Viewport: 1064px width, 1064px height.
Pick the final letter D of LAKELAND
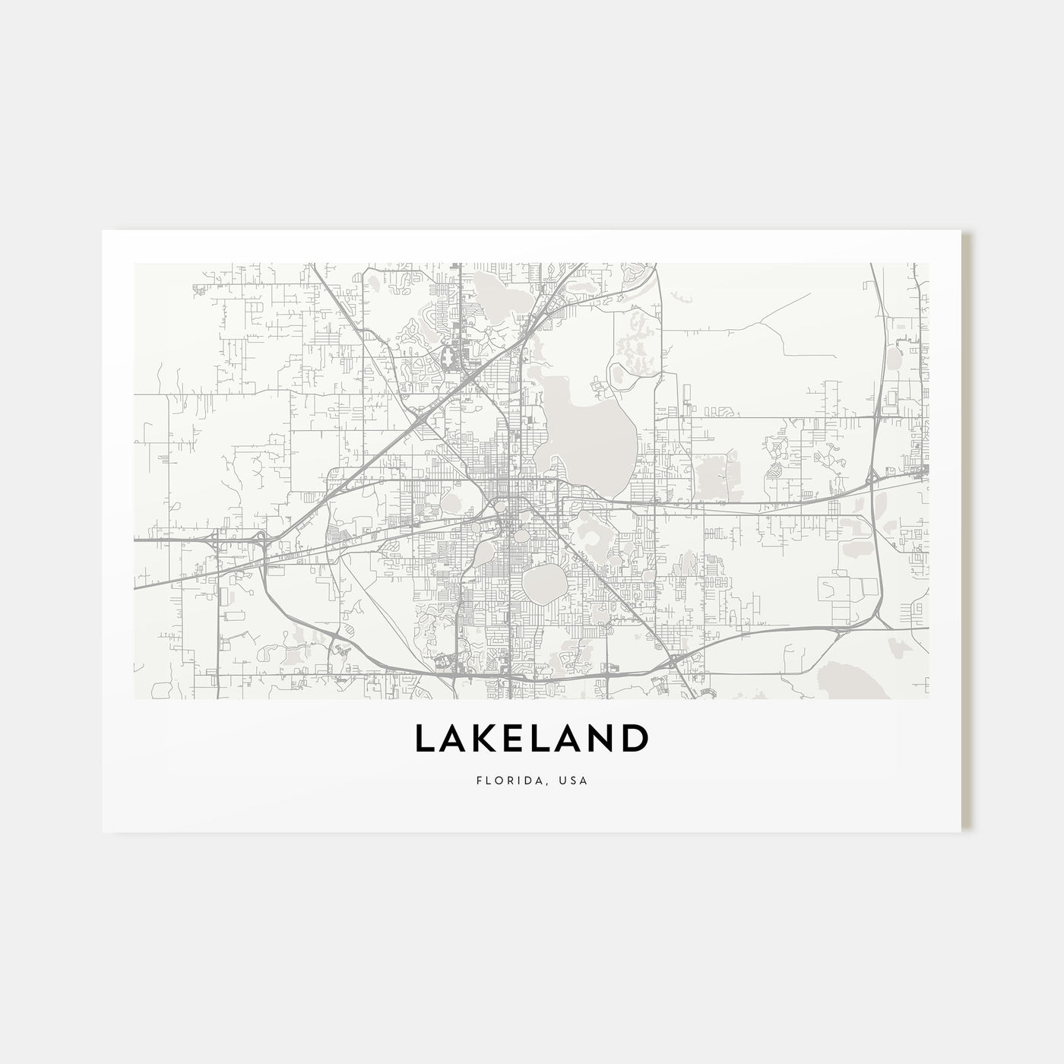click(x=634, y=739)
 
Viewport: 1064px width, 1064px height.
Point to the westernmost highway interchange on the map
click(x=215, y=540)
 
